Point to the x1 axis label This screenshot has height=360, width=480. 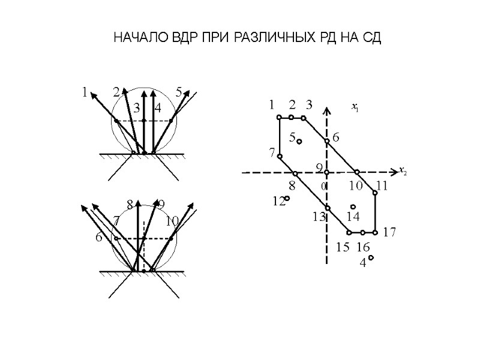[355, 108]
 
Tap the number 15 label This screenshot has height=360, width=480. [343, 247]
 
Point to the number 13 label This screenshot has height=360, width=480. [318, 217]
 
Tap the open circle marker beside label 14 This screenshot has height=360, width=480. [353, 207]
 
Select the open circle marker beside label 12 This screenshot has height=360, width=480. [287, 198]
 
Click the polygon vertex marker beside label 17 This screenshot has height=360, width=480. [375, 232]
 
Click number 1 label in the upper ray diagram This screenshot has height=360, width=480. [85, 92]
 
